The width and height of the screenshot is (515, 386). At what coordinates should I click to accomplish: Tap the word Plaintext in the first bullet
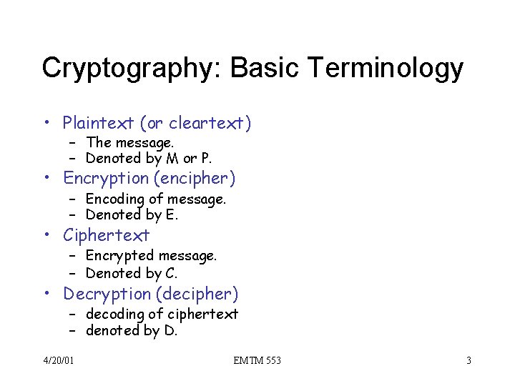(99, 123)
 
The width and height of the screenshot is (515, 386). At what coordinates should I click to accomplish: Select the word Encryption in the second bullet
(104, 177)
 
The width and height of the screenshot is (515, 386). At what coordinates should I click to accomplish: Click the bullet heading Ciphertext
(106, 235)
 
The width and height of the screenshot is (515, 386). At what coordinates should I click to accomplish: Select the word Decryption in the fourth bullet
(106, 294)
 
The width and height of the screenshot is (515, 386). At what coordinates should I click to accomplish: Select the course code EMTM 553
(257, 360)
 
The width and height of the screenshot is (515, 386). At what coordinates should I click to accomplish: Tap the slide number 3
(469, 360)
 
